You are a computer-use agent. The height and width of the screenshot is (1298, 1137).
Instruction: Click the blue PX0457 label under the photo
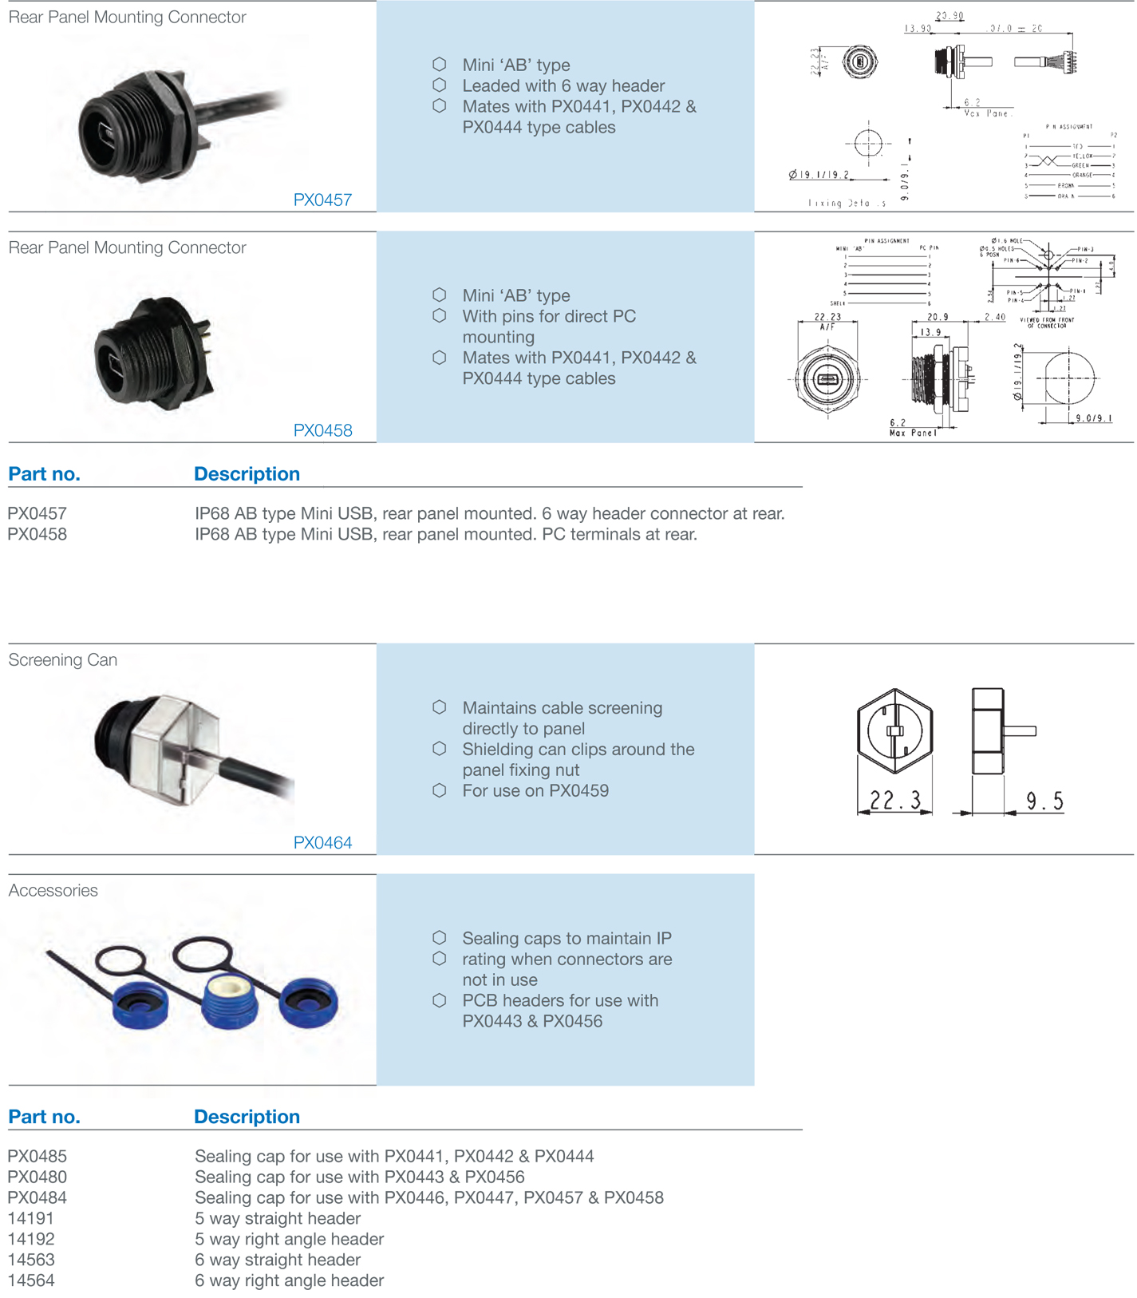click(322, 200)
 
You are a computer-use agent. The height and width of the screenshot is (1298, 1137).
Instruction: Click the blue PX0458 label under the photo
click(322, 431)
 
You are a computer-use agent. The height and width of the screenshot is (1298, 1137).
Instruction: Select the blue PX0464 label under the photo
click(322, 843)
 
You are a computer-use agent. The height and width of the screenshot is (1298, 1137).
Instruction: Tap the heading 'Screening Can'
click(63, 660)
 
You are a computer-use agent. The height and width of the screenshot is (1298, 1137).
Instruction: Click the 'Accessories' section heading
click(53, 891)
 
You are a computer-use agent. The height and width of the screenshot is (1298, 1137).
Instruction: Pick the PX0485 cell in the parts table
click(38, 1157)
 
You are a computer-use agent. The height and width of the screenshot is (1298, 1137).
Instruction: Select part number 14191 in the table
click(31, 1219)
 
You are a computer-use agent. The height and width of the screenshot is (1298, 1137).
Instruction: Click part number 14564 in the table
click(31, 1281)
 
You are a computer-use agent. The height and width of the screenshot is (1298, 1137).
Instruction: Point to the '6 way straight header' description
click(278, 1260)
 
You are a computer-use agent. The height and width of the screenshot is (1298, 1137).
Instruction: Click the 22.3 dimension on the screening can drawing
click(894, 801)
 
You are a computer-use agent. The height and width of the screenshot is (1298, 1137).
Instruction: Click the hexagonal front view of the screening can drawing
click(894, 730)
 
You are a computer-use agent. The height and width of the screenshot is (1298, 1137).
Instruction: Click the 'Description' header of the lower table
click(247, 1118)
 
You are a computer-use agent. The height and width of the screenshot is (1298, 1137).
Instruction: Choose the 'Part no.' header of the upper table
click(44, 474)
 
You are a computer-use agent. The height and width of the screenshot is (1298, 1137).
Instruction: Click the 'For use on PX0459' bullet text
click(535, 791)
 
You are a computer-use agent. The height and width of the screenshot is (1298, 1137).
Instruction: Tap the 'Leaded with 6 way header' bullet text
click(563, 86)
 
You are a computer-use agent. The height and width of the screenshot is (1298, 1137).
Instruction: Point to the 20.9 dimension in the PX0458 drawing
click(938, 318)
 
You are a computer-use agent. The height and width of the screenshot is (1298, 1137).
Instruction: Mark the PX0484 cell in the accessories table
click(38, 1198)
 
